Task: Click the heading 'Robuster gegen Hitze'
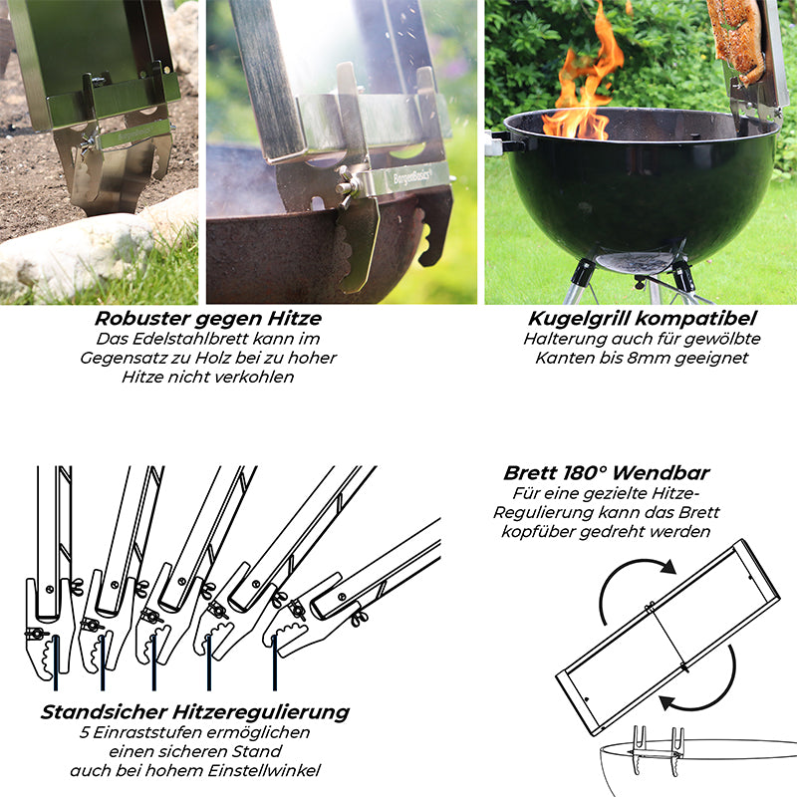208,319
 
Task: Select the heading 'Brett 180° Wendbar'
607,473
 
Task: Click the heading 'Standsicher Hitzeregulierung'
195,712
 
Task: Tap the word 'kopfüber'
538,532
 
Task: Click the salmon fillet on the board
738,41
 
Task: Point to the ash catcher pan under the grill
636,262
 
